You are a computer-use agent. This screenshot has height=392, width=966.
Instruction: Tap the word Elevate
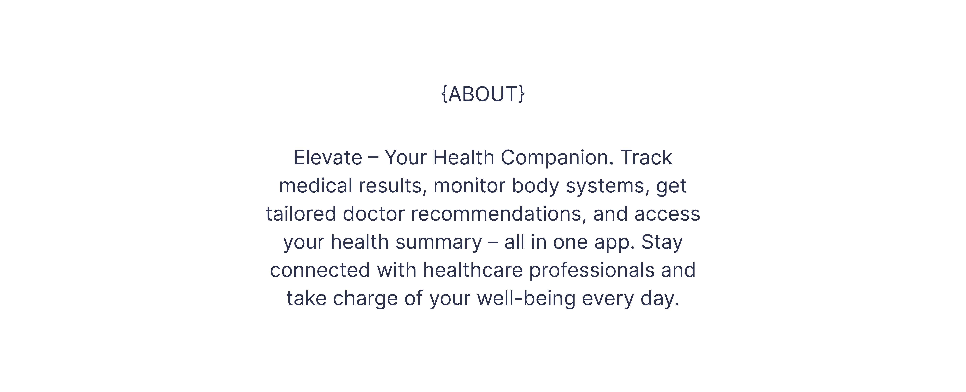click(328, 157)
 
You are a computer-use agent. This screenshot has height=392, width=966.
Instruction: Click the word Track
click(646, 157)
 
